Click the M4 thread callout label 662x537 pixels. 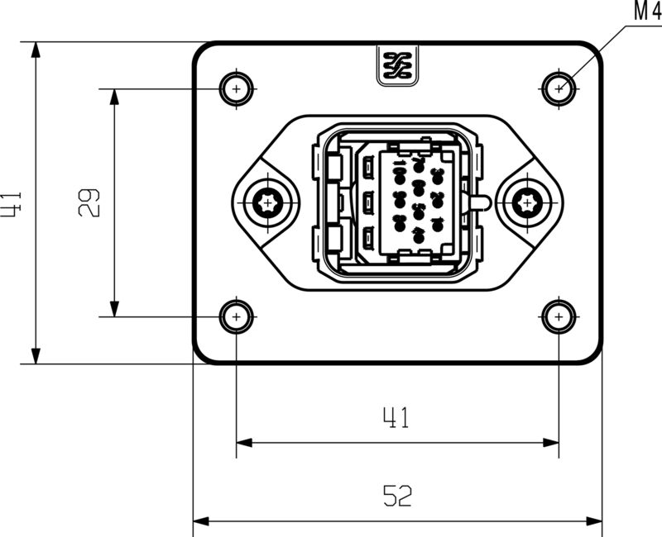645,12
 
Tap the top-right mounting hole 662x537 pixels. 560,88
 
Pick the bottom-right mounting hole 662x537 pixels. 560,316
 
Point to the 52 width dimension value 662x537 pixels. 398,496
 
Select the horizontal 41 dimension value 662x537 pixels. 396,419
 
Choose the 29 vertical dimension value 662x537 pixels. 89,203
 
